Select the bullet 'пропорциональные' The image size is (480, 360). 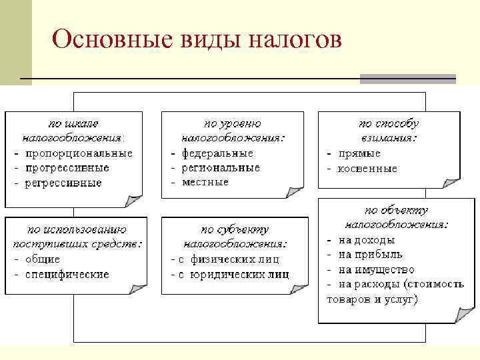tap(78, 153)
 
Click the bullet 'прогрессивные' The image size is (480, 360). tap(67, 167)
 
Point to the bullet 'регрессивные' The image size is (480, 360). tap(63, 182)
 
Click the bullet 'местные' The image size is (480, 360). tap(205, 181)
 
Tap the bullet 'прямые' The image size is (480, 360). tap(358, 153)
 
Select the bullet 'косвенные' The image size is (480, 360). tap(367, 169)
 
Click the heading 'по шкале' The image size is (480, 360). tap(73, 124)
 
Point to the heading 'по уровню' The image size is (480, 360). tap(232, 124)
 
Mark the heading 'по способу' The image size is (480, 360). tap(388, 124)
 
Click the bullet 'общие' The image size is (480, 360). tap(43, 259)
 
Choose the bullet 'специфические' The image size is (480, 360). tap(67, 273)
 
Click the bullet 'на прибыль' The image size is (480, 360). tap(370, 255)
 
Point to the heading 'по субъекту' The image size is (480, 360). tap(235, 229)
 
